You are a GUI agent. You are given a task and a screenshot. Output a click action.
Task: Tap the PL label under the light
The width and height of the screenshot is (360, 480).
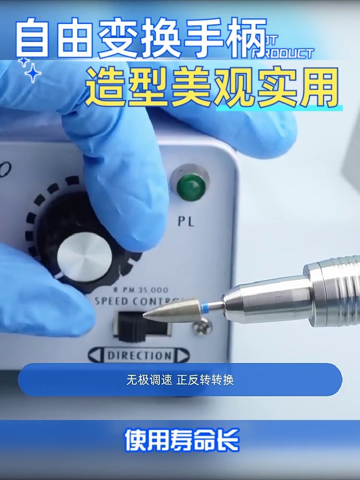(x=186, y=222)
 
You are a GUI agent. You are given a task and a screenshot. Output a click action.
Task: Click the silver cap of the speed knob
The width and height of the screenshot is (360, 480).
(x=84, y=257)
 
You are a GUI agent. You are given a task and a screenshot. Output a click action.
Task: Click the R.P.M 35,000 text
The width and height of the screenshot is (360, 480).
(x=140, y=289)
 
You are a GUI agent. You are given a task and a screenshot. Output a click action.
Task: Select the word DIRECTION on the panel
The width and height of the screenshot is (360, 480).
(x=139, y=356)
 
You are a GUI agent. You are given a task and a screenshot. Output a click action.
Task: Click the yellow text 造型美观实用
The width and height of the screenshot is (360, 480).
(x=211, y=89)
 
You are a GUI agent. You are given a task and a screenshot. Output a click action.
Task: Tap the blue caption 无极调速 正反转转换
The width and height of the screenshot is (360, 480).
(x=180, y=380)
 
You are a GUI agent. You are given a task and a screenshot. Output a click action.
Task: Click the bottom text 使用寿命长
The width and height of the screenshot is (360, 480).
(x=181, y=441)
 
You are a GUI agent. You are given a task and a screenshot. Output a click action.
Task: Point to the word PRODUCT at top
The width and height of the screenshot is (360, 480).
(x=283, y=53)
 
